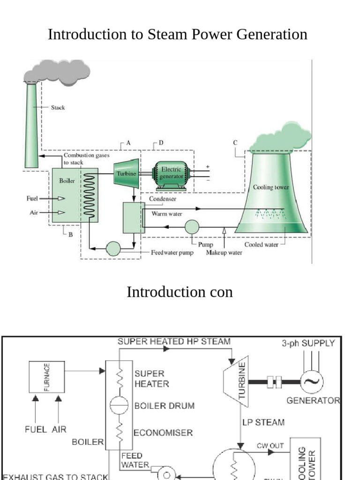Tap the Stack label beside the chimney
tap(58, 107)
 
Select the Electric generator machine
tap(172, 176)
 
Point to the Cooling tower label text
tap(271, 187)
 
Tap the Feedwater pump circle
tap(113, 248)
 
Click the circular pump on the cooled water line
tap(192, 227)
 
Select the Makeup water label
tap(224, 253)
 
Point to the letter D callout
tap(161, 142)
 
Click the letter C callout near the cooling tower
tap(235, 142)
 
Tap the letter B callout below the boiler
tap(71, 234)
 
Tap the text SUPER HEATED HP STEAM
tap(174, 342)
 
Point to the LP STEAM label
tap(263, 422)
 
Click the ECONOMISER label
tap(163, 433)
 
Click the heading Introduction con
tap(180, 292)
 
